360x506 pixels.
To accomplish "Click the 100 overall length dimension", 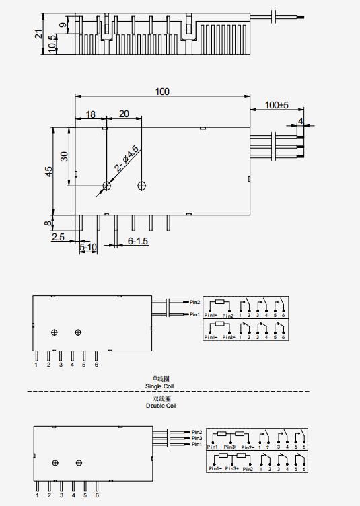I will (162, 91).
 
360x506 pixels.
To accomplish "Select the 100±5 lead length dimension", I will (276, 105).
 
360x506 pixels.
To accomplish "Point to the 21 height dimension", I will (38, 34).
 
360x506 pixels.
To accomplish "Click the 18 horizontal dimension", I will (91, 114).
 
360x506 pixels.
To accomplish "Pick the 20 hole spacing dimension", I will (124, 114).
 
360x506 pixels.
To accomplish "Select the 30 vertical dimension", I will (65, 155).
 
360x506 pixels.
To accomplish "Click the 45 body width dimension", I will (48, 171).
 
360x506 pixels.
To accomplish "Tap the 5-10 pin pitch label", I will (88, 248).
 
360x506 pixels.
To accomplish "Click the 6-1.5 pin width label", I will (139, 241).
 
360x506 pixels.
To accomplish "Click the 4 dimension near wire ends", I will (301, 122).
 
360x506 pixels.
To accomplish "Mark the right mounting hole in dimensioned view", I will (141, 185).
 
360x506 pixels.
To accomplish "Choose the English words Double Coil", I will (161, 406).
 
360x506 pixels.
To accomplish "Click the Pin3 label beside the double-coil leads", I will (196, 438).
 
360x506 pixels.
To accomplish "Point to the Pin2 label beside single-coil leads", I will (195, 302).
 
